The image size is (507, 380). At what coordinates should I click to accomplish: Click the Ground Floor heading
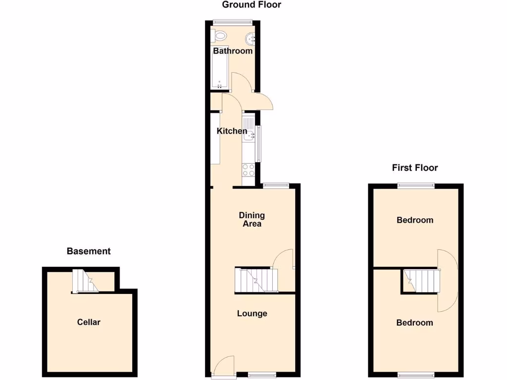[252, 5]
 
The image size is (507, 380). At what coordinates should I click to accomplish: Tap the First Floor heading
[415, 168]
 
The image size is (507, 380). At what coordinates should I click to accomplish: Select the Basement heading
[89, 251]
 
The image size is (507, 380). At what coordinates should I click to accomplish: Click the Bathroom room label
[233, 51]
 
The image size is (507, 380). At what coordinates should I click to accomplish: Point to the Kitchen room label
[232, 131]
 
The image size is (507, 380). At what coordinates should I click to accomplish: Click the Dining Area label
[252, 219]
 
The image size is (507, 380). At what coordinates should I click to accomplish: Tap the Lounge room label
[252, 313]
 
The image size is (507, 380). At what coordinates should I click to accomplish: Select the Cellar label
[89, 322]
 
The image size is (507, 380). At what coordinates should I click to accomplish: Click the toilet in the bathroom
[220, 36]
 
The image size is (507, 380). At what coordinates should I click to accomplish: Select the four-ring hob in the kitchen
[248, 170]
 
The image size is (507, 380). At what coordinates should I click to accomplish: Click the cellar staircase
[83, 281]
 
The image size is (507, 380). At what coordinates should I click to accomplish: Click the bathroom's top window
[233, 21]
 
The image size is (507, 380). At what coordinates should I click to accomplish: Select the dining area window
[275, 185]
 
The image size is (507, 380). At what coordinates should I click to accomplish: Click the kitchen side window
[259, 143]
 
